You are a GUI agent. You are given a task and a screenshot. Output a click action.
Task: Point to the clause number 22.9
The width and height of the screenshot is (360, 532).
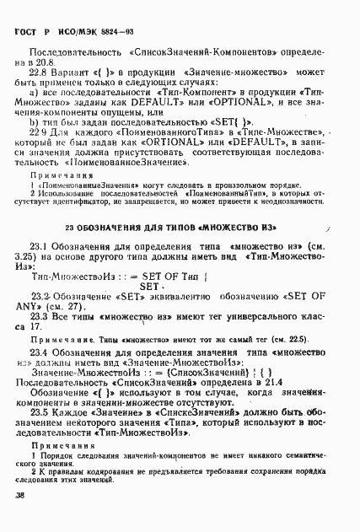pos(40,132)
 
